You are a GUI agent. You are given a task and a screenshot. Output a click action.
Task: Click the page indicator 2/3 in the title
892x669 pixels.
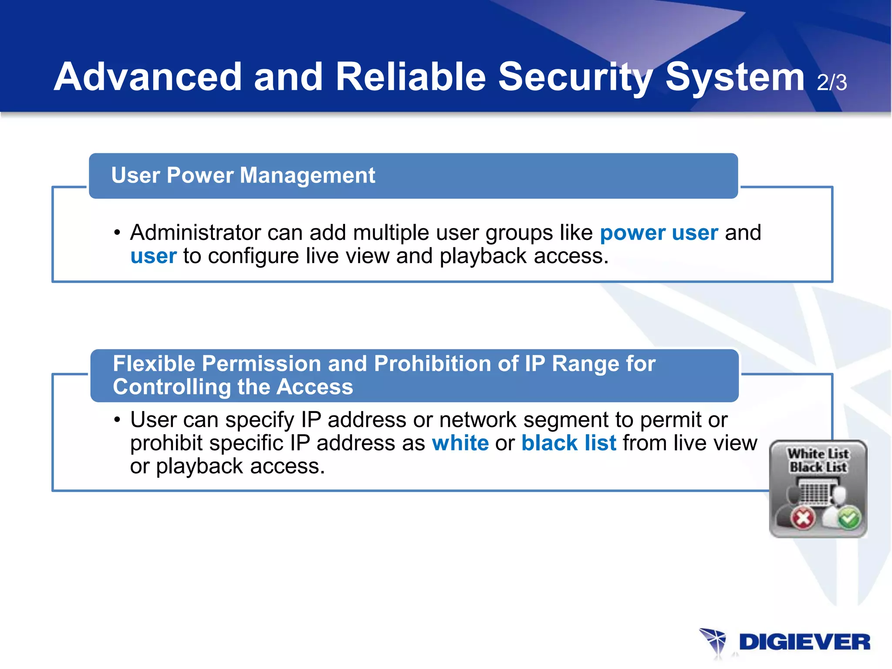pos(831,82)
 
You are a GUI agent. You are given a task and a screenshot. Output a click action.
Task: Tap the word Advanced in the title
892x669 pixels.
pos(148,77)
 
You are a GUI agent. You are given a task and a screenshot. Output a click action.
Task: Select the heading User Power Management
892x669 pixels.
pos(243,176)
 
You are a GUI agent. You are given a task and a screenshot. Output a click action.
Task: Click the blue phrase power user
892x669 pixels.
pos(659,233)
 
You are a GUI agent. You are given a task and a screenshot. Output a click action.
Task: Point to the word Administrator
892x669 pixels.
pos(195,233)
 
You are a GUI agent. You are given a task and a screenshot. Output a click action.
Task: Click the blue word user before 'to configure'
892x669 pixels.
pos(153,256)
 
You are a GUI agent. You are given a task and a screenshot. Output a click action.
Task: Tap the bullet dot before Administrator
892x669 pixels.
pos(117,233)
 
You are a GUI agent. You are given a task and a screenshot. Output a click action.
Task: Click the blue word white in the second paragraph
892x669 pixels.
pos(460,443)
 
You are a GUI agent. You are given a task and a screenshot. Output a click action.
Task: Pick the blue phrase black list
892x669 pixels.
pos(568,443)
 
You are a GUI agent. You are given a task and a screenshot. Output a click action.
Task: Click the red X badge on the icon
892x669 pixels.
pos(803,518)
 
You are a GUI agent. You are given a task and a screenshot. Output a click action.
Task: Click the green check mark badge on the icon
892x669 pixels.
pos(849,518)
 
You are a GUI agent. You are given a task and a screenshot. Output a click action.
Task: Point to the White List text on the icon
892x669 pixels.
pos(818,453)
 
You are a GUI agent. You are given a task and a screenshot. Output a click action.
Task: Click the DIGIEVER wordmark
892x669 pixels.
pos(804,642)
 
